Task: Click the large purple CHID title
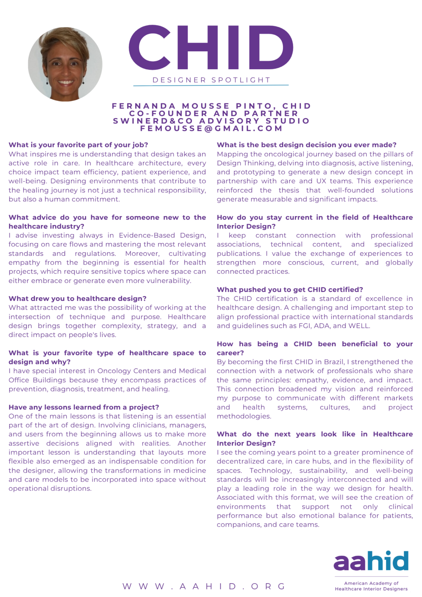(x=211, y=48)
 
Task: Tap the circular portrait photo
(x=65, y=64)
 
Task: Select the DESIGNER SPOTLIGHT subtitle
(x=211, y=80)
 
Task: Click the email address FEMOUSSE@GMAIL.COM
(x=211, y=128)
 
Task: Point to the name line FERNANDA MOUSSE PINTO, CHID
(x=211, y=106)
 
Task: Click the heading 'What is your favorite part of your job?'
(x=78, y=145)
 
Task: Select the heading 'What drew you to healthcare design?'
(x=77, y=298)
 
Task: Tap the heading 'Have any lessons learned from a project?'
(x=84, y=407)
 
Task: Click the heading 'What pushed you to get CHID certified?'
(x=290, y=290)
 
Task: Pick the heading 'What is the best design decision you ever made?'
(x=307, y=145)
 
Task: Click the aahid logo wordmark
(x=371, y=562)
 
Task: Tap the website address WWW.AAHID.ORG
(x=204, y=586)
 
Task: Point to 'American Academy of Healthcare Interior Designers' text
(x=371, y=586)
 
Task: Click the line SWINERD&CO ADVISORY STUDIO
(x=211, y=121)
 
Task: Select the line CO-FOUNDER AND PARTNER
(x=214, y=113)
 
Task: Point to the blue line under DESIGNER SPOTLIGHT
(x=211, y=85)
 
